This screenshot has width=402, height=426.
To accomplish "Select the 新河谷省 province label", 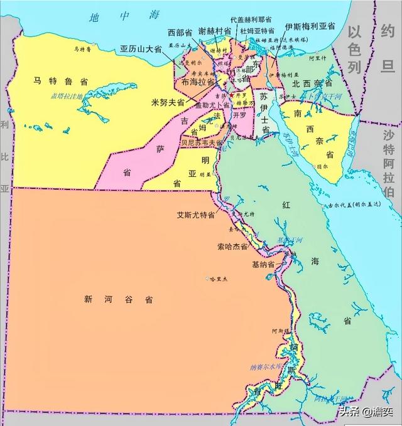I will point(117,299).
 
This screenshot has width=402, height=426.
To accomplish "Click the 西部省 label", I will point(180,32).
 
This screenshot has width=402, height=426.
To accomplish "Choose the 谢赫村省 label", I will point(215,32).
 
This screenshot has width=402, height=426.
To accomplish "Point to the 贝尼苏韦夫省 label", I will point(201,142).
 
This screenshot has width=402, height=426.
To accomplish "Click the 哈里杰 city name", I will point(220,278).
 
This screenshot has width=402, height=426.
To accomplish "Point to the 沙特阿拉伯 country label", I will point(390,160).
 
